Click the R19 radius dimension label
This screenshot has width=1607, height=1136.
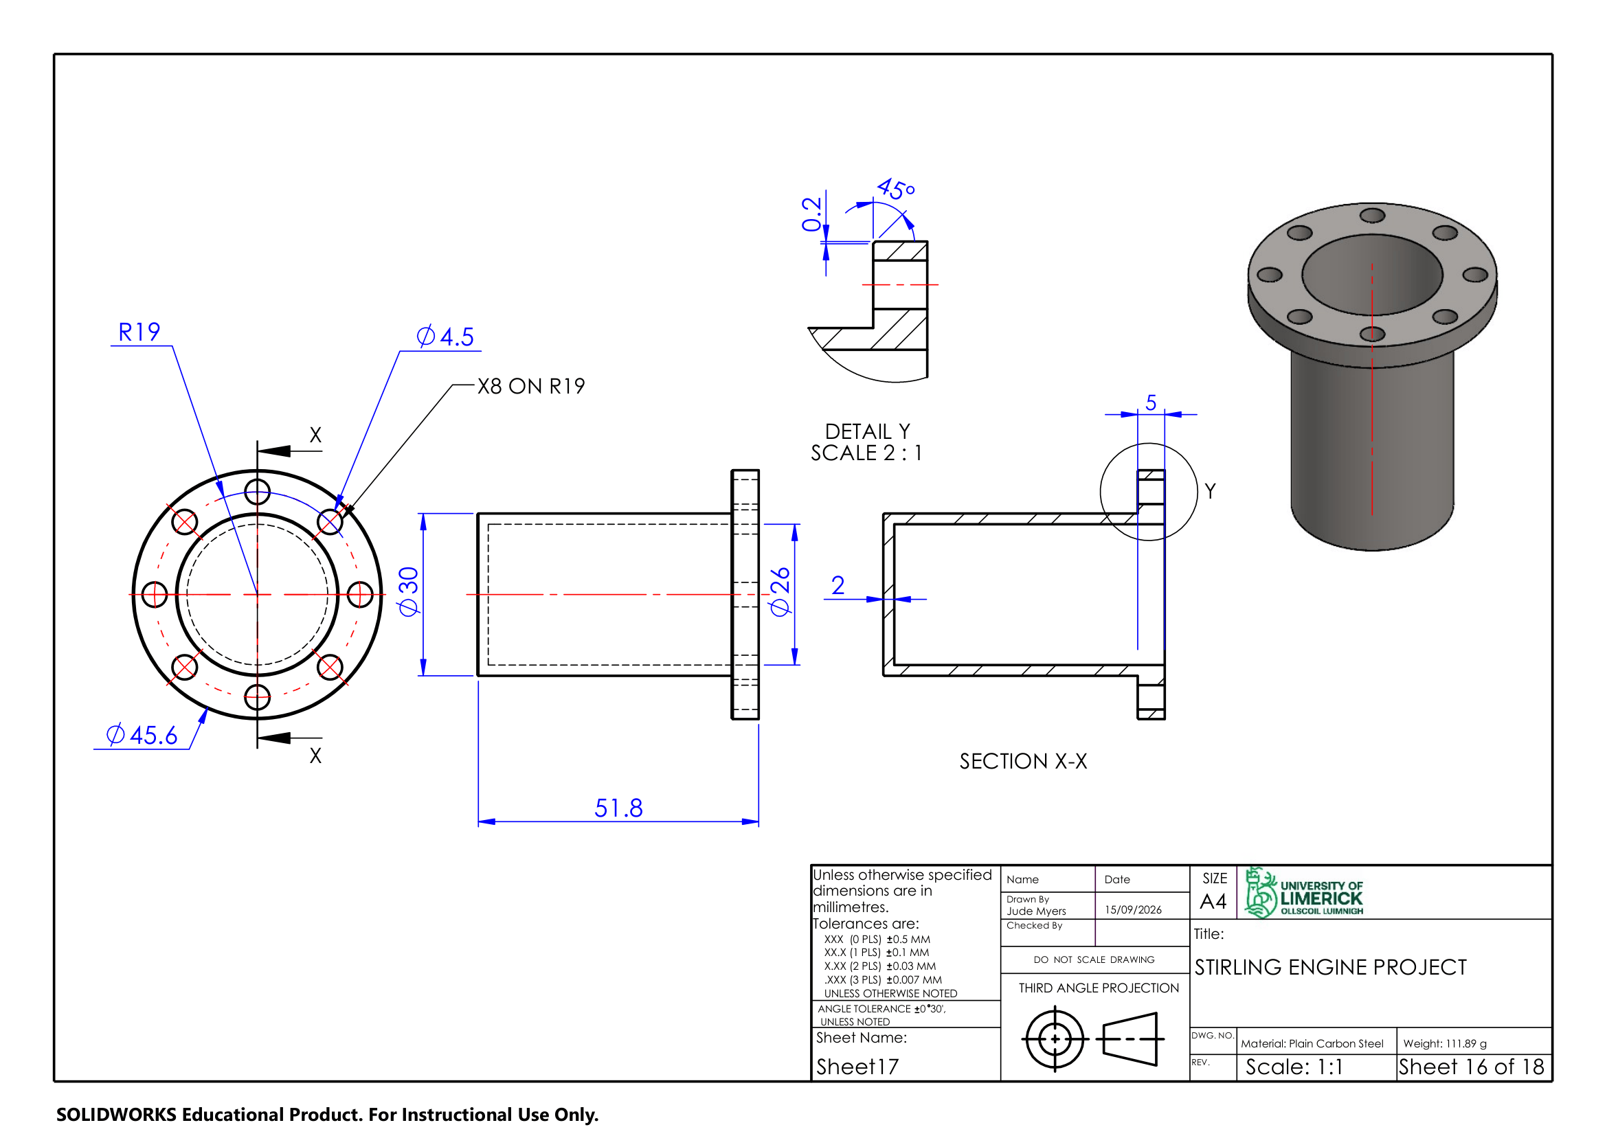pyautogui.click(x=139, y=332)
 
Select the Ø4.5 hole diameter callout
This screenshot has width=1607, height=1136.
pyautogui.click(x=445, y=337)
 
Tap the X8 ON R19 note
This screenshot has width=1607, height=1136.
pyautogui.click(x=531, y=386)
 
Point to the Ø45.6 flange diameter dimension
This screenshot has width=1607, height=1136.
pyautogui.click(x=142, y=735)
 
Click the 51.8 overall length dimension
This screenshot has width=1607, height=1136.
pyautogui.click(x=619, y=808)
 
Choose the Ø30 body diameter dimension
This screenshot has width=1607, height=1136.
pyautogui.click(x=408, y=592)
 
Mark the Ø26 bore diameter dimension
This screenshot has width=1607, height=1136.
pyautogui.click(x=780, y=592)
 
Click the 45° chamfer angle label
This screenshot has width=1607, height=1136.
pyautogui.click(x=896, y=189)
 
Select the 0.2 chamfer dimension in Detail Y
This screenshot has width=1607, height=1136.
pyautogui.click(x=811, y=214)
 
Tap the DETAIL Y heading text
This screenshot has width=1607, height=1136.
pyautogui.click(x=867, y=431)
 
